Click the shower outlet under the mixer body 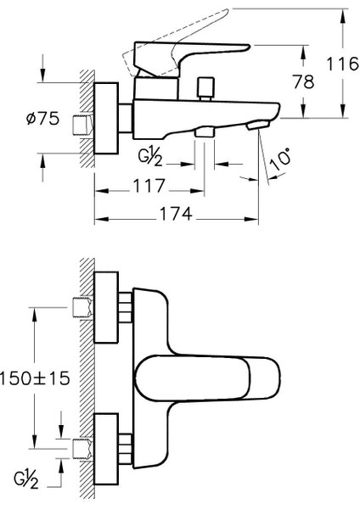(204, 131)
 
